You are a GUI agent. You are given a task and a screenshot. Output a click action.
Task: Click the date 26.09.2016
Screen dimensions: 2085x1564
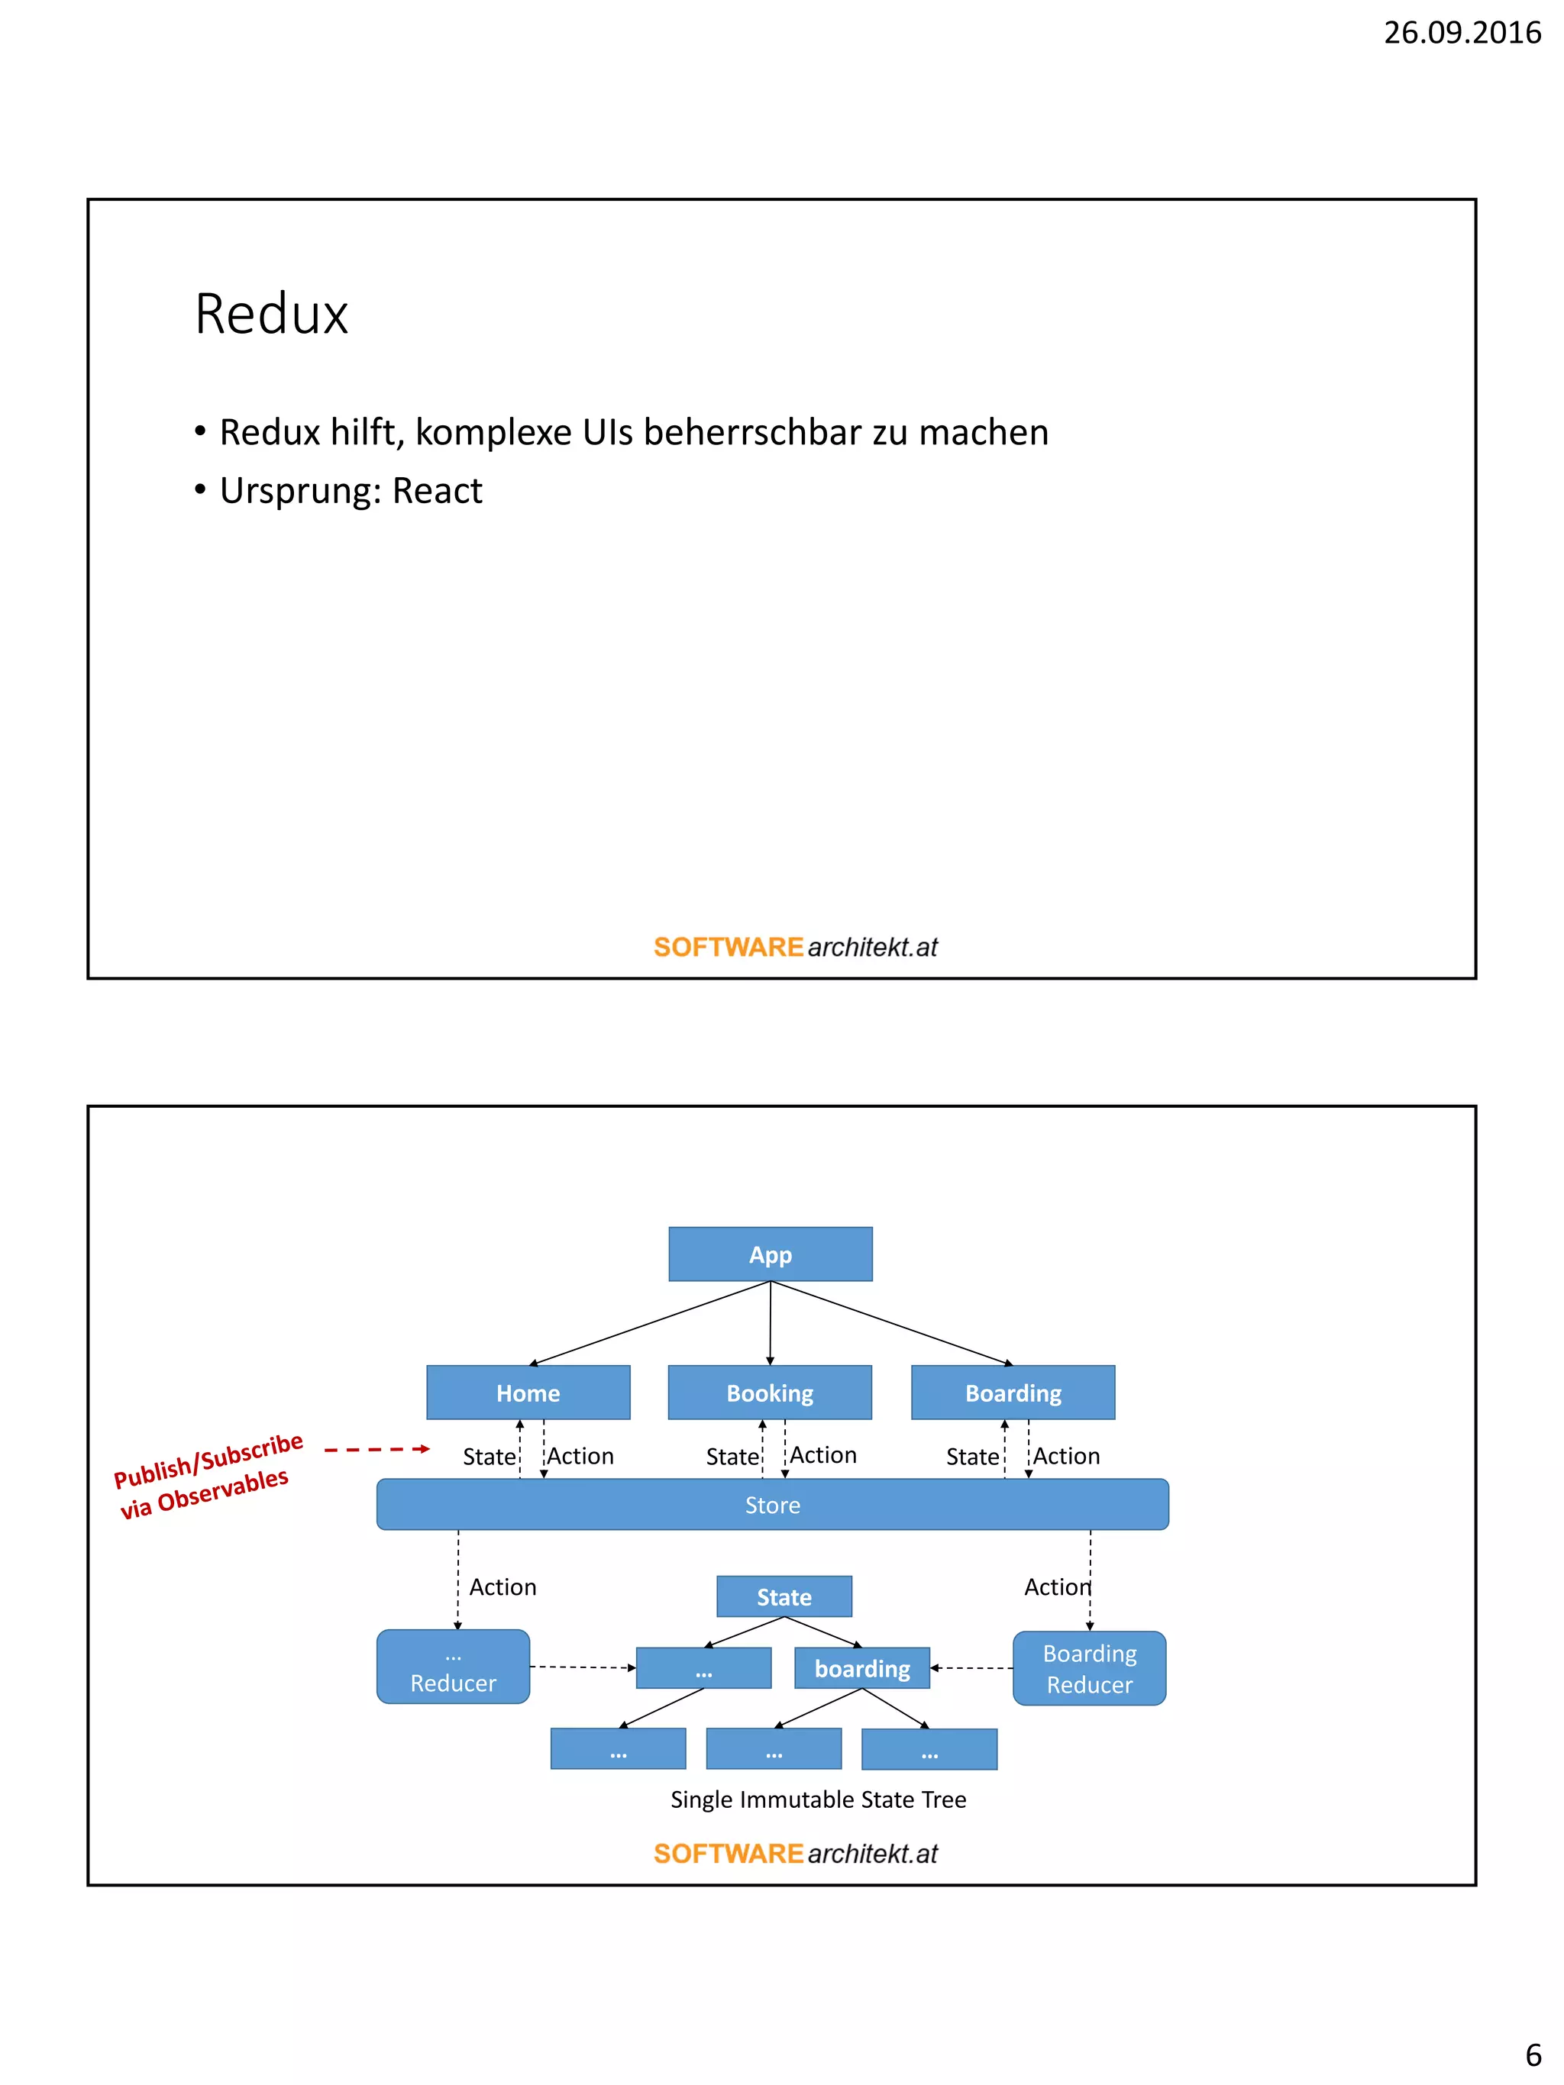pos(1460,33)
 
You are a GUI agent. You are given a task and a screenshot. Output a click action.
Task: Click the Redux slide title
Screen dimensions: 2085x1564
pos(272,314)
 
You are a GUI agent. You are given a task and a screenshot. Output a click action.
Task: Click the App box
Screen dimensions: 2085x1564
pos(771,1254)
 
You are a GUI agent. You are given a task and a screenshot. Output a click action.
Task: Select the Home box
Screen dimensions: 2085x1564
pos(528,1393)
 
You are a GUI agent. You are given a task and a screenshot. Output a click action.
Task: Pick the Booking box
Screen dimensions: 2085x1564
pos(769,1393)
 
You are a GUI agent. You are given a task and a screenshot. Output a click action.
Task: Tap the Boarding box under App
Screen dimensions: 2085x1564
pos(1013,1393)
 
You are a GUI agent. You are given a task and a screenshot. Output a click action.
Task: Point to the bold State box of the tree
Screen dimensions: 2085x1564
pos(784,1596)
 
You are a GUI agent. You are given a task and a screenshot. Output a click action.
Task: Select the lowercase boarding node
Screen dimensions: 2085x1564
pos(861,1668)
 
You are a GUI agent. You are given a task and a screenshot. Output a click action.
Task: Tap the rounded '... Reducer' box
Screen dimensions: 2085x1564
pos(453,1667)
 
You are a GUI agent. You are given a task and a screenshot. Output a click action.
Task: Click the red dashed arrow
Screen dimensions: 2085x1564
pos(376,1449)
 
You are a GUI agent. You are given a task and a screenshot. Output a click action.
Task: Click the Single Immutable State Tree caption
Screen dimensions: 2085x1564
pos(817,1799)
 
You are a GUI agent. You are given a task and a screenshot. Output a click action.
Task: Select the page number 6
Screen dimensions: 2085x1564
pos(1533,2054)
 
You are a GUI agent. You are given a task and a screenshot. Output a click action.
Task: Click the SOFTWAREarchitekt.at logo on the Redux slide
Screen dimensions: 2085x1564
pos(795,947)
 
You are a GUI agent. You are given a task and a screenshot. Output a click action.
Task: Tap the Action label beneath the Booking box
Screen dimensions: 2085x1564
pos(823,1455)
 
